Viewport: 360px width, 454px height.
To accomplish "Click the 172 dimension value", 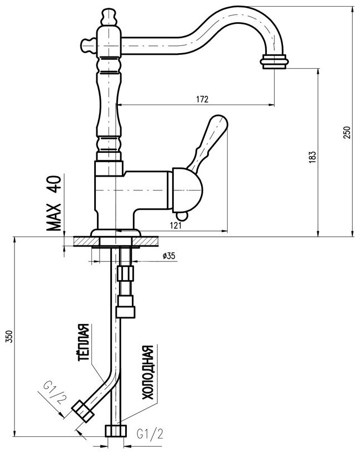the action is (202, 99).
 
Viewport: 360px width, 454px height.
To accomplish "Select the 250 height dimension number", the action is (347, 132).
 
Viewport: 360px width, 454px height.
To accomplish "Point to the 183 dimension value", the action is (312, 157).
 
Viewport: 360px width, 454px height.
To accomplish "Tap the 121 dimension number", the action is (176, 225).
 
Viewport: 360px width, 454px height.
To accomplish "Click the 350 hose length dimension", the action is (10, 337).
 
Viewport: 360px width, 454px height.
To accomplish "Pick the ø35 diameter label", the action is (169, 256).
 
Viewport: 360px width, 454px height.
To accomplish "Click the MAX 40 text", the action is (54, 203).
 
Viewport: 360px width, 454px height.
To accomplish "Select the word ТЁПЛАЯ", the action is (84, 342).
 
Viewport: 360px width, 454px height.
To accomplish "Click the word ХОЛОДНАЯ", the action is (147, 373).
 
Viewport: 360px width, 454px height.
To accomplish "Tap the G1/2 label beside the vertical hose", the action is (150, 434).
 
